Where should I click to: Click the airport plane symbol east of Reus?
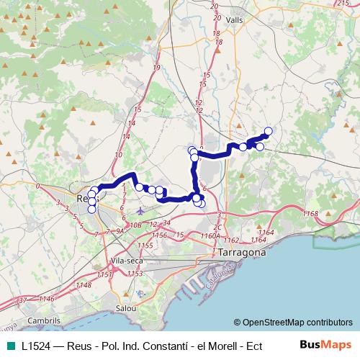pos(139,212)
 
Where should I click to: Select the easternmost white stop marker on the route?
pos(269,131)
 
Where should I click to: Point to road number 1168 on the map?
pos(310,214)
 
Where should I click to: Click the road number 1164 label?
pos(266,232)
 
